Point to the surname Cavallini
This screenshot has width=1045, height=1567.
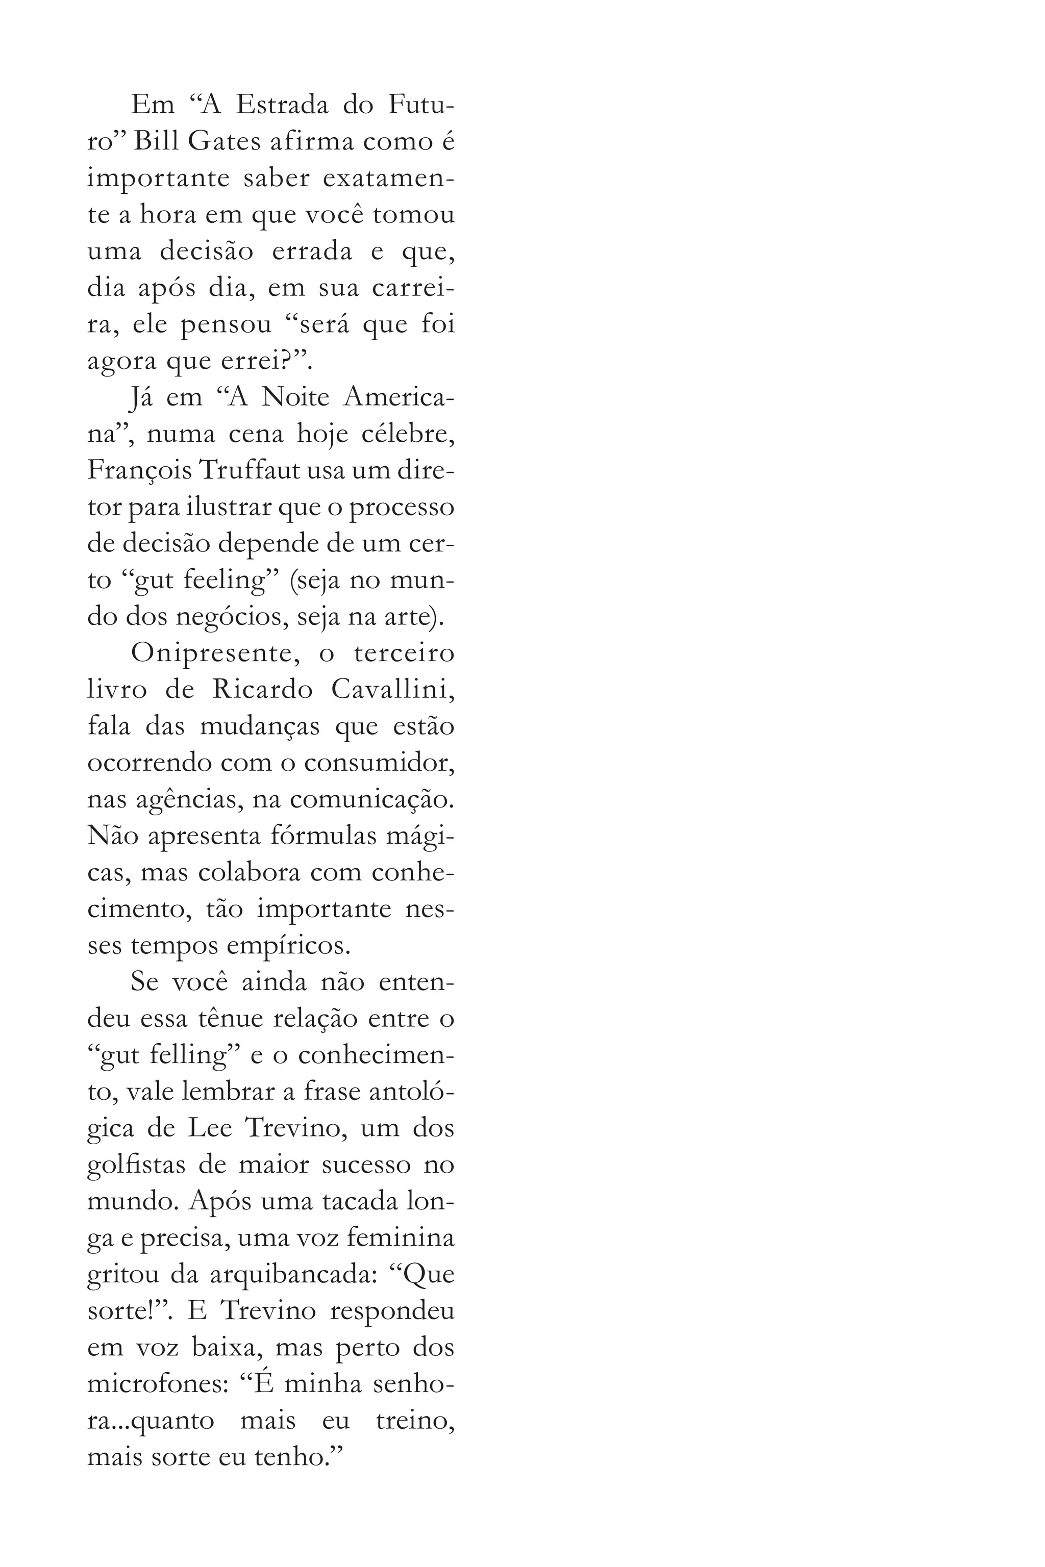[392, 690]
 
